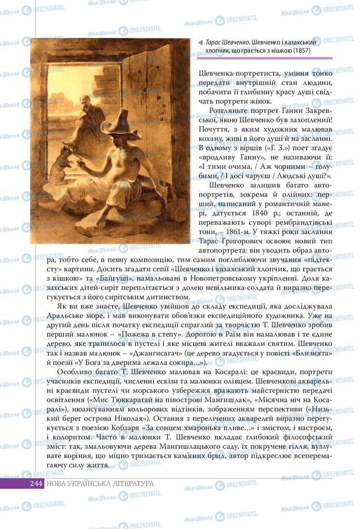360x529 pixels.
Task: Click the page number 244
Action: pyautogui.click(x=36, y=483)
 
